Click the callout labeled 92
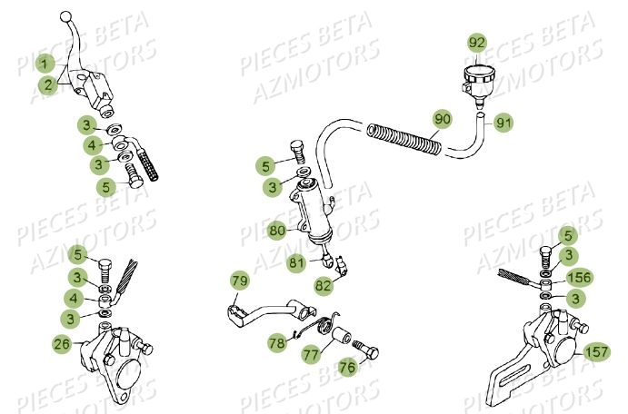tap(477, 43)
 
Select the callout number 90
tap(443, 119)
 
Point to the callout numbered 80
tap(276, 232)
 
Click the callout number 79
tap(239, 281)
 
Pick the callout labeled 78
tap(275, 343)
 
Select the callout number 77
tap(310, 353)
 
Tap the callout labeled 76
tap(347, 366)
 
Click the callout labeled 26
tap(61, 343)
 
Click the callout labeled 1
tap(42, 63)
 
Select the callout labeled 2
tap(45, 84)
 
